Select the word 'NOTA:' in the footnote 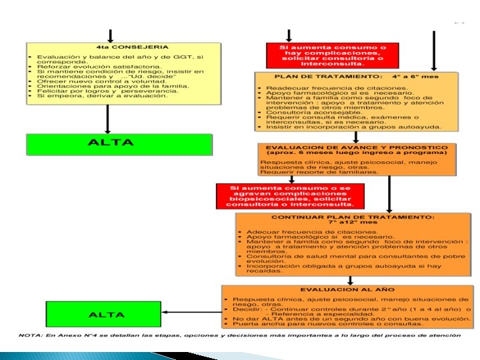[30, 335]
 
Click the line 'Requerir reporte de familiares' [319, 172]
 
